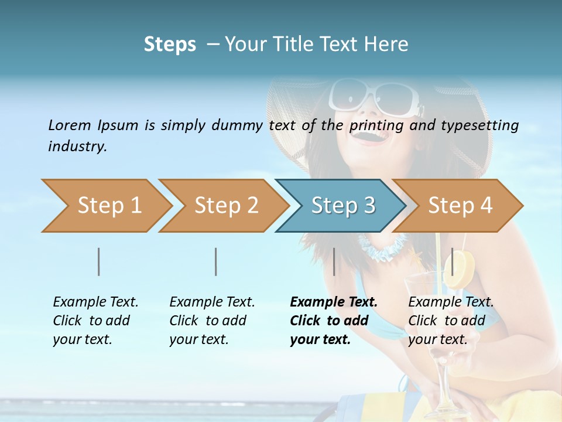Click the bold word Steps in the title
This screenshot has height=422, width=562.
(x=170, y=45)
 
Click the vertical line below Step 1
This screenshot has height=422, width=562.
(x=99, y=261)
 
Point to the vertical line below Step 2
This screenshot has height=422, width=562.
(x=216, y=261)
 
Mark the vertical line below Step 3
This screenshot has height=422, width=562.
(x=334, y=261)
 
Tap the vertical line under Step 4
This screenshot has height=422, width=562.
(x=452, y=261)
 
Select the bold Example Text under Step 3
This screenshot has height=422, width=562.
(x=334, y=321)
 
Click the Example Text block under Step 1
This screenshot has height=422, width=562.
(x=95, y=321)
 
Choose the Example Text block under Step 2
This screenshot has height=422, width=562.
(x=212, y=321)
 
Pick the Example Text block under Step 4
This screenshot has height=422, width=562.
(x=451, y=321)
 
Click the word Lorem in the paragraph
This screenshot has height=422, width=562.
(x=69, y=125)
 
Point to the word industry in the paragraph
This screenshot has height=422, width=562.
(x=77, y=147)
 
